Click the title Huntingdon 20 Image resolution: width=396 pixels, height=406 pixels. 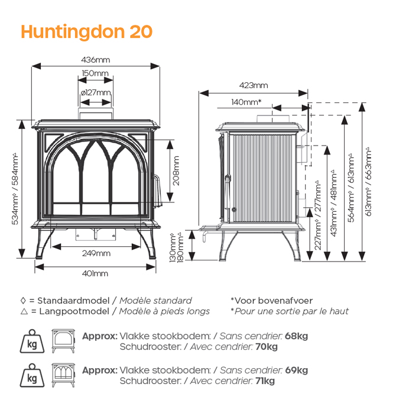(x=86, y=31)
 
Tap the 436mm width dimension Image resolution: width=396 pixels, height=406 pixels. (x=95, y=60)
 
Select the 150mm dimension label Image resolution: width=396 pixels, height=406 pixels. (x=95, y=73)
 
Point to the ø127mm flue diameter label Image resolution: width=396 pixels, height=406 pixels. (x=95, y=92)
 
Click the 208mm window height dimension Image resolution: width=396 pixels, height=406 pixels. (x=176, y=170)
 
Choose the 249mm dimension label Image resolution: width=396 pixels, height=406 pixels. (x=95, y=253)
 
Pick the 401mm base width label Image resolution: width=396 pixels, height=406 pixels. (x=95, y=273)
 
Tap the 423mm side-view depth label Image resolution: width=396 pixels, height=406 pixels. (x=254, y=86)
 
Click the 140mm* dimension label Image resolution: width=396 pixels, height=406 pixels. (x=246, y=102)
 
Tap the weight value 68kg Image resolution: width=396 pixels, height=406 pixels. (x=296, y=336)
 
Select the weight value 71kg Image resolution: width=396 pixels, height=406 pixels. (x=264, y=381)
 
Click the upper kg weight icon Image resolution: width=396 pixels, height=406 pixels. (x=30, y=342)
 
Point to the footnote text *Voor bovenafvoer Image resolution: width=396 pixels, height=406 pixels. (x=271, y=301)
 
